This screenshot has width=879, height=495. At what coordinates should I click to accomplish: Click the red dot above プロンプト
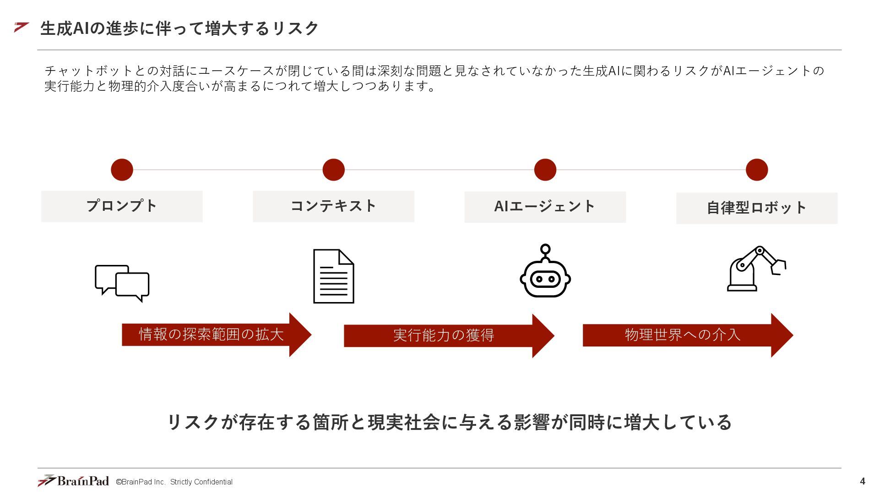(122, 170)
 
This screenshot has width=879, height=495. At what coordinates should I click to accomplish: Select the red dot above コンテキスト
(333, 170)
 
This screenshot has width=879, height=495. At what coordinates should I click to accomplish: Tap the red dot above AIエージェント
(545, 170)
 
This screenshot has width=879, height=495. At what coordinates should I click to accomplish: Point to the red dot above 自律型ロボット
(756, 170)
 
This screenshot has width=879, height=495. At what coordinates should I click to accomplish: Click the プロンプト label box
(122, 206)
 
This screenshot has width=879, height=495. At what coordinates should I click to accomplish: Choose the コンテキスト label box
(333, 206)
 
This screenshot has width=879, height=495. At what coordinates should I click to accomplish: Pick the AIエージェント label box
(545, 207)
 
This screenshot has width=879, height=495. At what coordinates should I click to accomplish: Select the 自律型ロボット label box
(756, 208)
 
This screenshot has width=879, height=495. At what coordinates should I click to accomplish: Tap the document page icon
(333, 276)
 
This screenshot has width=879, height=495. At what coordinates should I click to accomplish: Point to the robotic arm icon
(755, 269)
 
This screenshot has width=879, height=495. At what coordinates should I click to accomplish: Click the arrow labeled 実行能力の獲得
(449, 335)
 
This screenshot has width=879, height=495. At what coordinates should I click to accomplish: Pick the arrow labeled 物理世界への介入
(687, 335)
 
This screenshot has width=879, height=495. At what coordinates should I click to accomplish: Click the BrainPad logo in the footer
(73, 481)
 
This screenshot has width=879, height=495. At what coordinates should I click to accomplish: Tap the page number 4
(863, 481)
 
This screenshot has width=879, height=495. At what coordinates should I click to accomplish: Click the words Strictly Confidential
(201, 482)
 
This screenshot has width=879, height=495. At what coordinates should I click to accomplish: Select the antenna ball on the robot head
(545, 249)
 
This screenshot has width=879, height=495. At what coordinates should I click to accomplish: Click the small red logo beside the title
(22, 27)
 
